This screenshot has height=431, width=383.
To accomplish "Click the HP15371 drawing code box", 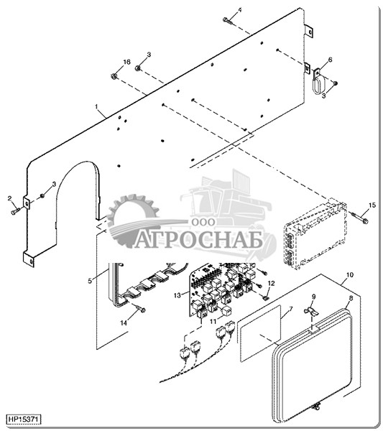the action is [x=24, y=420].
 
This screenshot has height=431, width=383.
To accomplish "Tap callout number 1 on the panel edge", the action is [x=96, y=106].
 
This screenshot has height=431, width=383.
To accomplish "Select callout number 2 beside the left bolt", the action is [x=9, y=198].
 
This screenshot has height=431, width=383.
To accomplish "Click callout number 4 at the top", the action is [x=240, y=10].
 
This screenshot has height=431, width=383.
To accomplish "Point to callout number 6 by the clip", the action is [x=331, y=60].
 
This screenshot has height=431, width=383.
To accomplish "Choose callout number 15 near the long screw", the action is [x=372, y=205].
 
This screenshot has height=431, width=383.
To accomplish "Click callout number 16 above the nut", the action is [x=126, y=62].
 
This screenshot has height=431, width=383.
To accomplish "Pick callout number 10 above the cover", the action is [x=350, y=275].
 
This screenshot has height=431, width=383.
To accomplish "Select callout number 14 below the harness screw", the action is [x=124, y=323].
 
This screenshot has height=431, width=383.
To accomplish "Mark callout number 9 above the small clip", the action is [x=314, y=297].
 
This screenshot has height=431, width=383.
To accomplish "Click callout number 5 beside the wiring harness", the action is [x=90, y=281].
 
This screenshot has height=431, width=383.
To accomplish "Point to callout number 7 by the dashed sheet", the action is [x=290, y=309].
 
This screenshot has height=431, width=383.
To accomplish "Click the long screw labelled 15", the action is [x=359, y=217].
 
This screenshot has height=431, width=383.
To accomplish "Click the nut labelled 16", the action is [x=114, y=75].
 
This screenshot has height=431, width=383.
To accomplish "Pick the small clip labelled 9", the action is [x=311, y=312].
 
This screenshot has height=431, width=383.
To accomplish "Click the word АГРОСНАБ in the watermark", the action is [x=199, y=241].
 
